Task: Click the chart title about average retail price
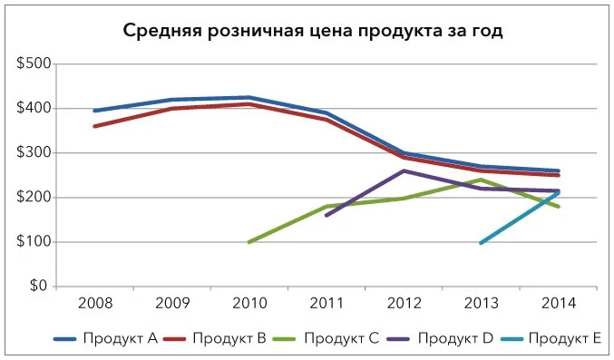coord(313,31)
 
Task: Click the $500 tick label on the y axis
coord(34,63)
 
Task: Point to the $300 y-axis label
coord(34,152)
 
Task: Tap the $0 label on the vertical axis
coord(38,286)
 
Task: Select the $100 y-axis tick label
coord(34,241)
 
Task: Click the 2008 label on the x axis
coord(95,303)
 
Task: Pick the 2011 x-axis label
coord(326,303)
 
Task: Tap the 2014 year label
coord(559,303)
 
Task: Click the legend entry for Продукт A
coord(106,338)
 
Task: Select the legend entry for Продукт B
coord(215,338)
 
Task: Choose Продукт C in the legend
coord(326,338)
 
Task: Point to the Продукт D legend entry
coord(440,338)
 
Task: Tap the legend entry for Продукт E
coord(551,338)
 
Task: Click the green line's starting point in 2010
coord(249,242)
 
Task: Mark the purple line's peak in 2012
coord(404,170)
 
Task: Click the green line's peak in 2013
coord(481,180)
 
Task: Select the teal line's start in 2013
coord(481,243)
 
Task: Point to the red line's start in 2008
coord(95,126)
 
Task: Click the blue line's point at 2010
coord(249,98)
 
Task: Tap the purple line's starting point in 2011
coord(326,216)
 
